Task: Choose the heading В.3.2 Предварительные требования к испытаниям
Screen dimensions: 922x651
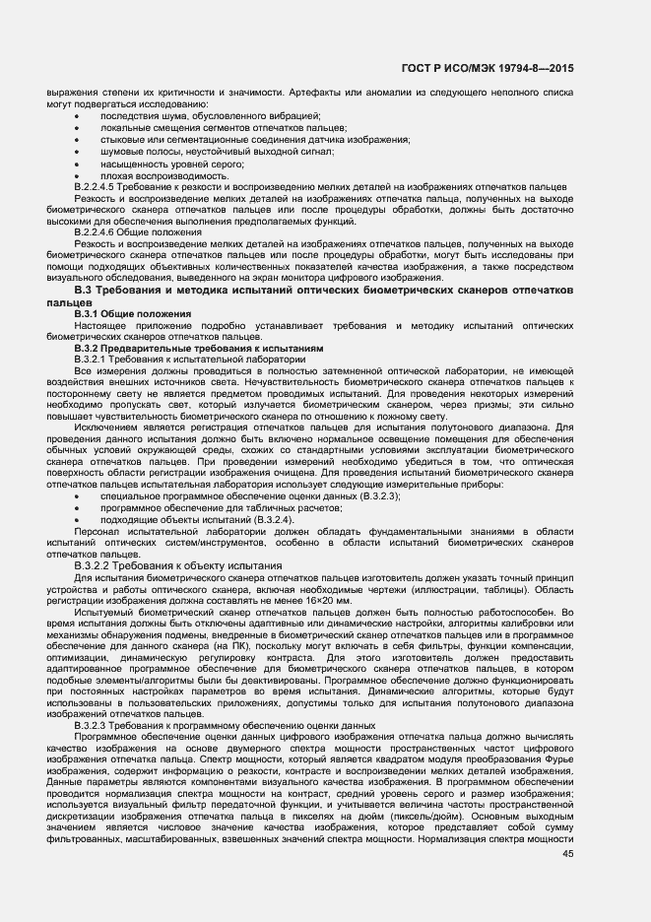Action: (x=198, y=349)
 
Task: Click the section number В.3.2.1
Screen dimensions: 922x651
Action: (x=97, y=360)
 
